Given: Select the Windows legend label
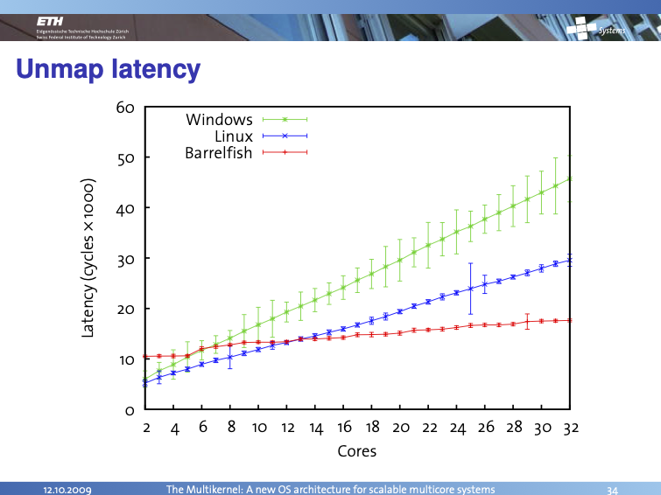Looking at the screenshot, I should (219, 120).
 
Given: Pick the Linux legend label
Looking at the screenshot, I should (233, 136).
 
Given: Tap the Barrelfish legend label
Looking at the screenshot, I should (218, 153).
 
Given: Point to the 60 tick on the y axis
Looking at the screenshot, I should (124, 108).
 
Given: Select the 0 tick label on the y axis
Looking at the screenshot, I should (129, 409).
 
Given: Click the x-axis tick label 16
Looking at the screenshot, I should (344, 428).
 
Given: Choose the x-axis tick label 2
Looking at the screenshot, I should (145, 428).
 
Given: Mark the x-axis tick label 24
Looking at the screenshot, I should (458, 428).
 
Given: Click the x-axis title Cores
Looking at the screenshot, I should (357, 451).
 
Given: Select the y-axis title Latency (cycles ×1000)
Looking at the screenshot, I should (88, 259).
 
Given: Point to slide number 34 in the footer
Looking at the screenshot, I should (612, 488).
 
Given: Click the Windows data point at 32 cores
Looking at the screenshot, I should (571, 178).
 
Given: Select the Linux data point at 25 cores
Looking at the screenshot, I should (471, 289).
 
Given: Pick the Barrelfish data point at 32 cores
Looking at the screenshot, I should (571, 320).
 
